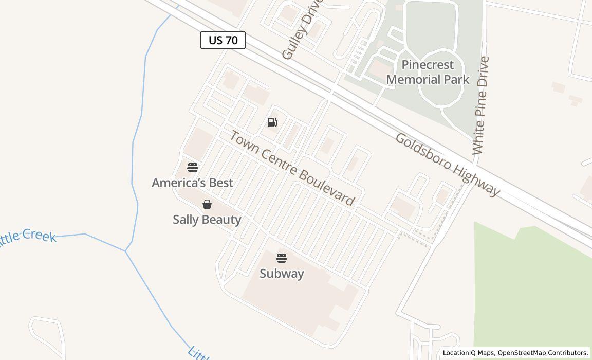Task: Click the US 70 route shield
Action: point(223,40)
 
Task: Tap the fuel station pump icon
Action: point(272,122)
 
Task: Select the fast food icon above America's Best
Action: point(193,167)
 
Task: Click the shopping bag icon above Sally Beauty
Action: point(207,204)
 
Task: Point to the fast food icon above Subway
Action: point(282,258)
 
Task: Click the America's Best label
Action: point(192,183)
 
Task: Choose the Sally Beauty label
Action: point(207,220)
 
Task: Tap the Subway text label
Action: point(282,274)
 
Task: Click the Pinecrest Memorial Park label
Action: point(428,72)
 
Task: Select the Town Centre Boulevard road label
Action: point(291,168)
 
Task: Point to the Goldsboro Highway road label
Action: point(447,165)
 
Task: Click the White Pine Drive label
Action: point(480,105)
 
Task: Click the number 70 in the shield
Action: point(232,40)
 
